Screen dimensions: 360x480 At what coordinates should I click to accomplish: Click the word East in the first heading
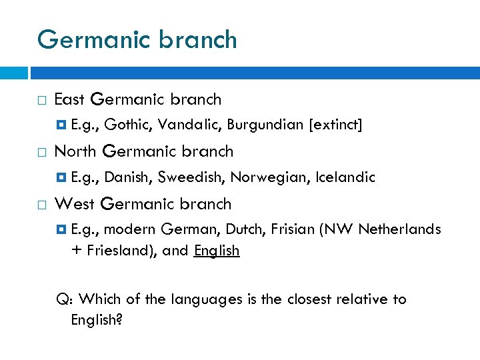coord(69,100)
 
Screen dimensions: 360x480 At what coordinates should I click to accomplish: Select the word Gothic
coord(126,125)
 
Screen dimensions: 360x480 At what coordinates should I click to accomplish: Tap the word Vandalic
coord(188,125)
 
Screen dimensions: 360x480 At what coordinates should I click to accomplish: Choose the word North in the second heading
coord(75,151)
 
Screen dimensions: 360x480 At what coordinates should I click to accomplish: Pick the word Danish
coord(129,177)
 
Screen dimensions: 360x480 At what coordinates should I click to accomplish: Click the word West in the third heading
coord(72,204)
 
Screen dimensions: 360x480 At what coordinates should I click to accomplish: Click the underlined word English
coord(217,251)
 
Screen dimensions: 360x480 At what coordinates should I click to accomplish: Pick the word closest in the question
coord(311,299)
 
